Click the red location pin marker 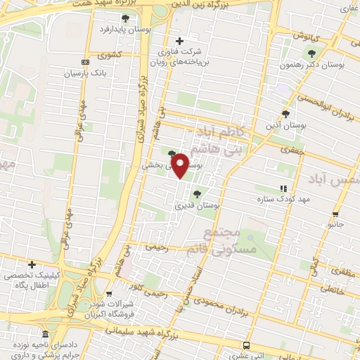point(181,165)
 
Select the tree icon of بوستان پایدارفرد point(125,18)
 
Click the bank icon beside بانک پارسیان point(86,62)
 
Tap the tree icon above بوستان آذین point(285,113)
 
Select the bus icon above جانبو point(335,214)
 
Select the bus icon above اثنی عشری point(246,345)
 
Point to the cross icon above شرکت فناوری point(180,41)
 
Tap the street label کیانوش point(307,34)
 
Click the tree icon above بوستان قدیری point(197,193)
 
